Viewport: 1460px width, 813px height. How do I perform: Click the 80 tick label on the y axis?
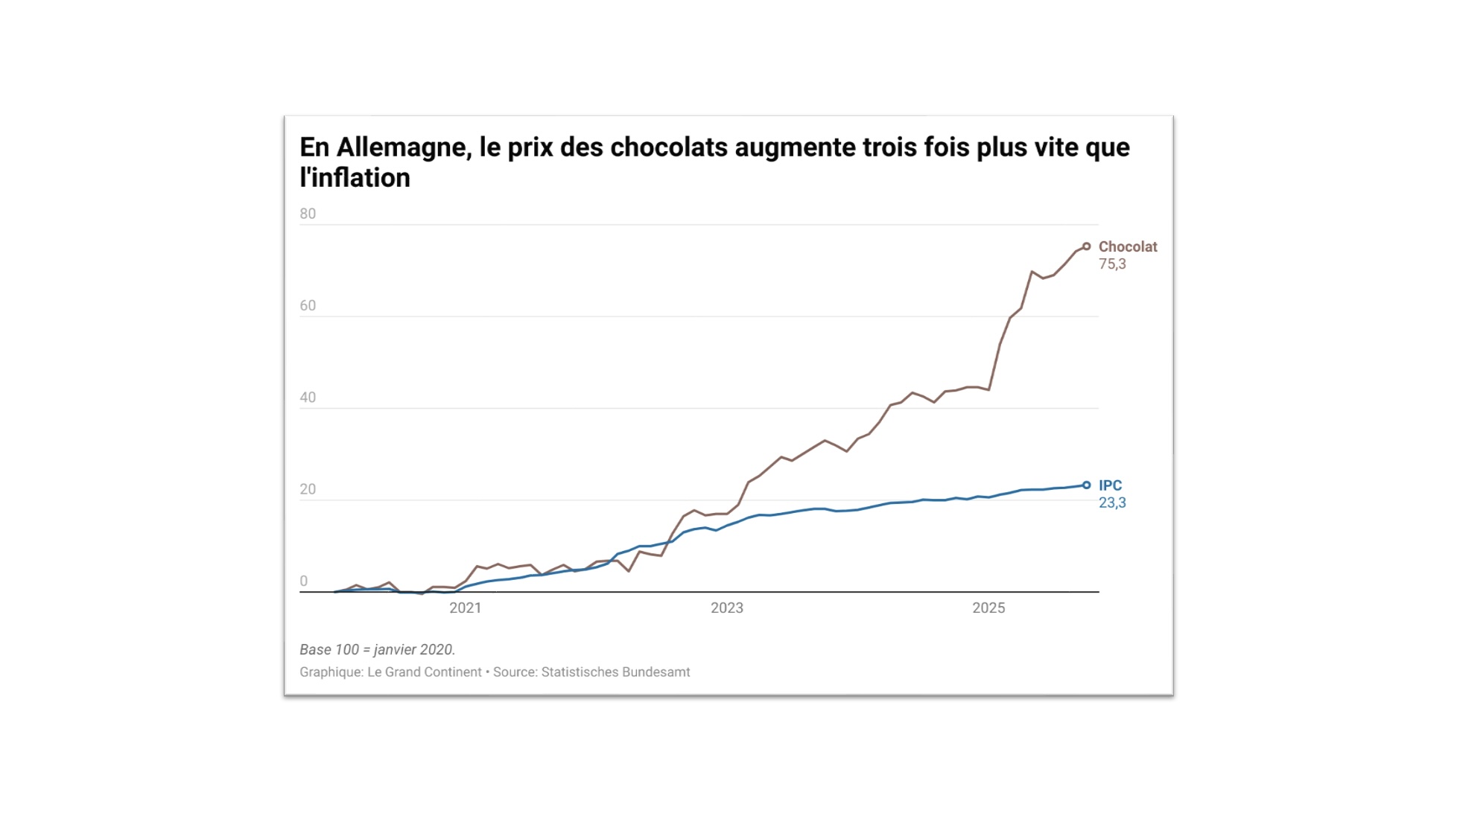tap(308, 214)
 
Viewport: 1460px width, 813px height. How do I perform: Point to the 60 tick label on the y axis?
tap(308, 306)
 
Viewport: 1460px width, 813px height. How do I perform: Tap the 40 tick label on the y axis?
tap(308, 398)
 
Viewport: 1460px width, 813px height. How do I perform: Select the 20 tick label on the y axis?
tap(308, 490)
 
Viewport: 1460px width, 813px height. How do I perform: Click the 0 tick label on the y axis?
tap(304, 581)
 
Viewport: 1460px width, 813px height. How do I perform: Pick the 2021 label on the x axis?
tap(465, 608)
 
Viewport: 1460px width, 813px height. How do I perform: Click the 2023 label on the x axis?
tap(727, 608)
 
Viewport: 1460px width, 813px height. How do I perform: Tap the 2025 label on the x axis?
tap(988, 608)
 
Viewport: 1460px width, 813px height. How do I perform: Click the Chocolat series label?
tap(1128, 247)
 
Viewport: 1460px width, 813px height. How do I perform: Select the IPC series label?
tap(1110, 485)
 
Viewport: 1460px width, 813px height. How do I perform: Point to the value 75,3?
tap(1112, 264)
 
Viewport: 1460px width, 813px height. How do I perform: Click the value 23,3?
tap(1112, 503)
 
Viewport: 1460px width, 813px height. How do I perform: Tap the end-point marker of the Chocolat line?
tap(1087, 246)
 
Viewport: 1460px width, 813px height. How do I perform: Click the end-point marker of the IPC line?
tap(1087, 485)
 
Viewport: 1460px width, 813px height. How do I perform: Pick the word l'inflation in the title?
tap(355, 179)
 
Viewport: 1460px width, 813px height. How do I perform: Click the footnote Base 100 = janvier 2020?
tap(377, 650)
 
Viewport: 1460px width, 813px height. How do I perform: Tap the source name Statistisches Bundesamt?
tap(615, 672)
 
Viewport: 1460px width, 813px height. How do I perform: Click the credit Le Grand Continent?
tap(425, 672)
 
